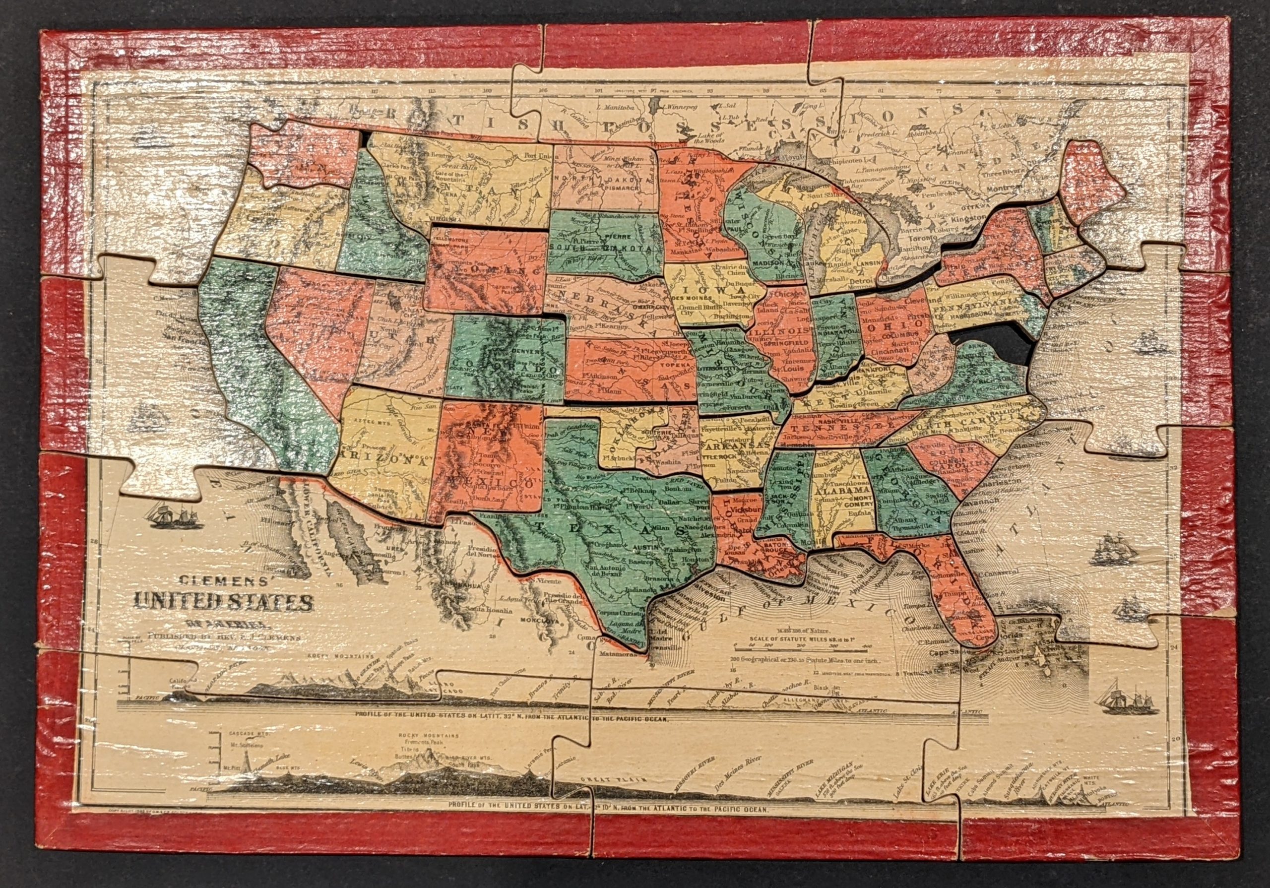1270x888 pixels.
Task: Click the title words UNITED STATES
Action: tap(222, 601)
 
